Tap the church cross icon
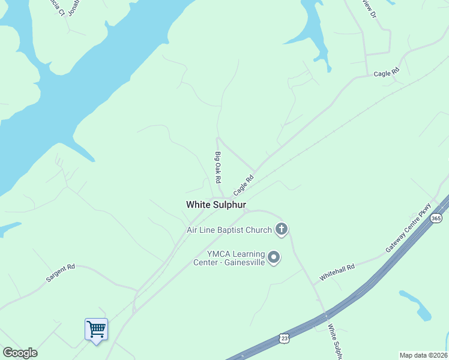pyautogui.click(x=281, y=229)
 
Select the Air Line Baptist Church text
pyautogui.click(x=229, y=230)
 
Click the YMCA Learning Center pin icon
pyautogui.click(x=274, y=257)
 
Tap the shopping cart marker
pyautogui.click(x=96, y=329)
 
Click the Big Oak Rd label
pyautogui.click(x=218, y=167)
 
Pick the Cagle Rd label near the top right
pyautogui.click(x=386, y=73)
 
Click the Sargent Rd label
pyautogui.click(x=61, y=274)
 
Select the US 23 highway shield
pyautogui.click(x=284, y=338)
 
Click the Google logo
pyautogui.click(x=20, y=353)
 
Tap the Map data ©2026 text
pyautogui.click(x=423, y=355)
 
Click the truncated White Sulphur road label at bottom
pyautogui.click(x=334, y=342)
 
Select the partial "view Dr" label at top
pyautogui.click(x=369, y=7)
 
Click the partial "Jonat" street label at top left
pyautogui.click(x=74, y=7)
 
